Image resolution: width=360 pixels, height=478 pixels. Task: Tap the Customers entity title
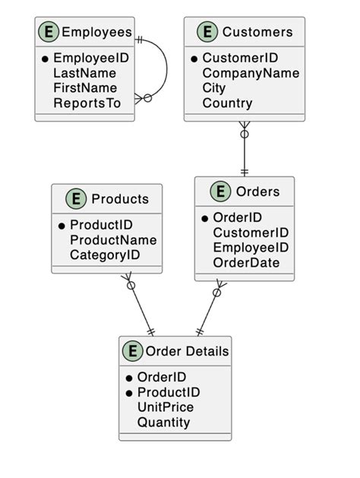[257, 32]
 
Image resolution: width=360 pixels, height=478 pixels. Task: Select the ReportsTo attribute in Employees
[87, 103]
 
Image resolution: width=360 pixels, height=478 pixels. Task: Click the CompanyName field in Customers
[251, 73]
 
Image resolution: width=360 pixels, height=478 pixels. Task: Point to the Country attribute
[227, 103]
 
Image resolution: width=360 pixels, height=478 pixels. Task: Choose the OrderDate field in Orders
[246, 263]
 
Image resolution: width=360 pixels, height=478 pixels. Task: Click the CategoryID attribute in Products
[105, 255]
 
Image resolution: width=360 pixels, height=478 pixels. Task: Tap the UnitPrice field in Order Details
[166, 407]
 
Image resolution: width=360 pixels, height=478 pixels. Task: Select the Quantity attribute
[163, 423]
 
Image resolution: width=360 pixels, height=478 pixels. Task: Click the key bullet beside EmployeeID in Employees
[46, 59]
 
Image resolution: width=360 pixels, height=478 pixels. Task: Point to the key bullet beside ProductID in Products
[62, 226]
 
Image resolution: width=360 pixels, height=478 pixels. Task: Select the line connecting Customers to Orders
[244, 152]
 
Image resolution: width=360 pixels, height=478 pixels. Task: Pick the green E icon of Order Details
[132, 351]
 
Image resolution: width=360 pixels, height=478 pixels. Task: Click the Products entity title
[120, 199]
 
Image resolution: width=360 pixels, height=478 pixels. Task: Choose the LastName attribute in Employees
[84, 73]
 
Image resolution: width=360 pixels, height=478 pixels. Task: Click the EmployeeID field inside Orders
[251, 248]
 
